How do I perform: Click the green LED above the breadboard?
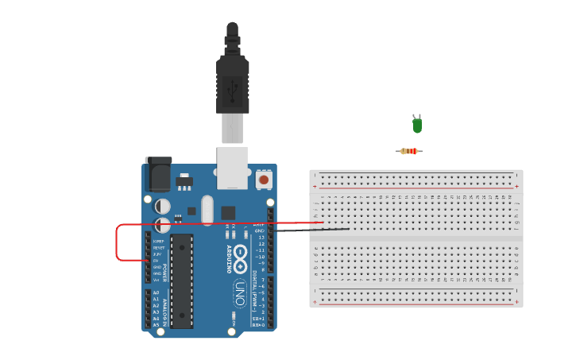[417, 125]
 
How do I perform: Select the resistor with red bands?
[409, 151]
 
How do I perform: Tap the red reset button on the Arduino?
[264, 180]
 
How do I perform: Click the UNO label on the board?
[239, 294]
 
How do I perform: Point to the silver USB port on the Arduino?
[232, 168]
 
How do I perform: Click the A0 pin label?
[156, 293]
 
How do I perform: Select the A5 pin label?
[156, 325]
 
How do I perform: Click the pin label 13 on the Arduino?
[261, 238]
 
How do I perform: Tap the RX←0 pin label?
[258, 325]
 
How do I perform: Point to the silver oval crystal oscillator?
[207, 210]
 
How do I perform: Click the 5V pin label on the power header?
[157, 261]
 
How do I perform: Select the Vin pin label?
[157, 280]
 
